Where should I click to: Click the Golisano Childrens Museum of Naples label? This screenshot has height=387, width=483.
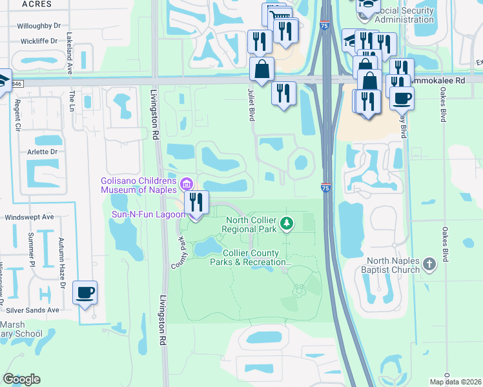[x=140, y=184]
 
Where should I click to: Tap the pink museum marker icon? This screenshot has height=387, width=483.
[x=188, y=184]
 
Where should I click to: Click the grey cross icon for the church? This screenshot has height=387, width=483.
[x=446, y=264]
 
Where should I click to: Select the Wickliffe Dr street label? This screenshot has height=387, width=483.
[x=40, y=41]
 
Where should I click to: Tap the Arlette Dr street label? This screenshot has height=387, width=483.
[x=41, y=152]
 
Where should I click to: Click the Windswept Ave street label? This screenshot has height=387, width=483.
[x=29, y=217]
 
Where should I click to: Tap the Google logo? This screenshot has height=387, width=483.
[x=21, y=379]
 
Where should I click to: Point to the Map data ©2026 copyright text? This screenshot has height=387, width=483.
[x=456, y=382]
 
